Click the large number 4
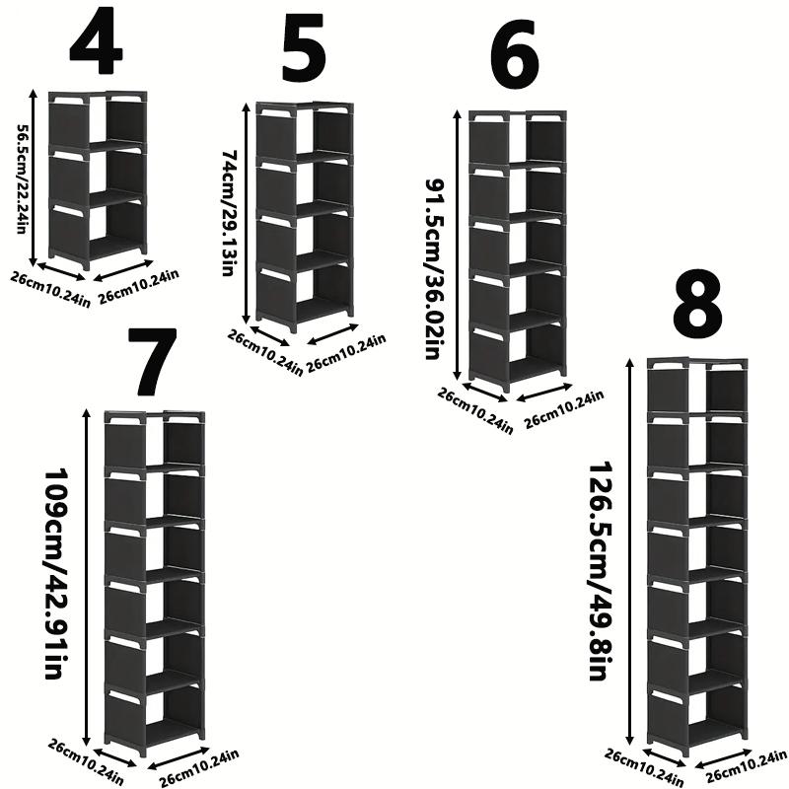(x=96, y=44)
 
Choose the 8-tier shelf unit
(x=696, y=557)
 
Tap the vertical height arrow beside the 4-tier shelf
(x=36, y=178)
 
